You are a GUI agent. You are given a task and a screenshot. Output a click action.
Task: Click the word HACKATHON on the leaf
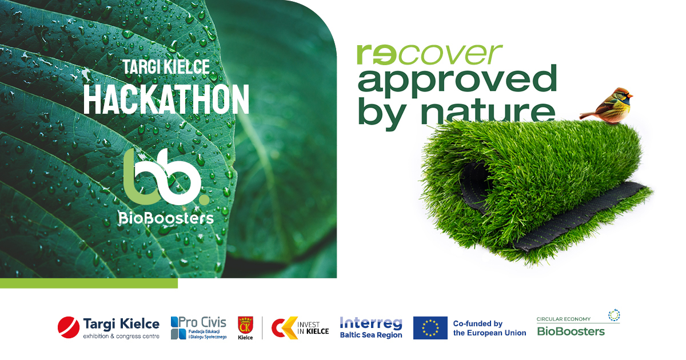click(166, 99)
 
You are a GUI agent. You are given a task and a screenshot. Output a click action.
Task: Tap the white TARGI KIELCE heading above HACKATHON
click(166, 67)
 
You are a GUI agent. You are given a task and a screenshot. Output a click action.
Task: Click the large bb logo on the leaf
click(166, 177)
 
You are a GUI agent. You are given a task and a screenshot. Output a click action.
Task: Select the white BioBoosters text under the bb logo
click(166, 218)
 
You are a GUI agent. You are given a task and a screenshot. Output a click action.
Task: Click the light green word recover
click(429, 54)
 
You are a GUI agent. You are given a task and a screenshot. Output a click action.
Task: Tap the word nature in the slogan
click(488, 112)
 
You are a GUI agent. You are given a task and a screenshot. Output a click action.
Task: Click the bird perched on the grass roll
click(607, 105)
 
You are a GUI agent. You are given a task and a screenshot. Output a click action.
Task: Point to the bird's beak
click(629, 97)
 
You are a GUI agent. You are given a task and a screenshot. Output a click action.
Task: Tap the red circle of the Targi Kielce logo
click(68, 327)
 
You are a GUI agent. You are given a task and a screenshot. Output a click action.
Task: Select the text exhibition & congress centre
click(121, 336)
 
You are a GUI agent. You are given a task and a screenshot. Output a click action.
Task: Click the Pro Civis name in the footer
click(202, 322)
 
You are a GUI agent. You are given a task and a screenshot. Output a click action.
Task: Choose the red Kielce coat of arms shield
click(245, 325)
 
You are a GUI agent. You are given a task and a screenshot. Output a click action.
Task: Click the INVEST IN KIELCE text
click(313, 328)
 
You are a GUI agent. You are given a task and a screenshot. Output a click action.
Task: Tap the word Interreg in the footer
click(371, 323)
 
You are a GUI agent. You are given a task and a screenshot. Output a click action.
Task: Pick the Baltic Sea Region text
click(371, 335)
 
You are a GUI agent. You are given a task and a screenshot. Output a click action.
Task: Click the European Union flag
click(430, 328)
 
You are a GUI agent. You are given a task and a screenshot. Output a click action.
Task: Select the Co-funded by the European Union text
click(489, 328)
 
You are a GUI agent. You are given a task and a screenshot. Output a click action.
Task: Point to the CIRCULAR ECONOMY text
click(564, 319)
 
